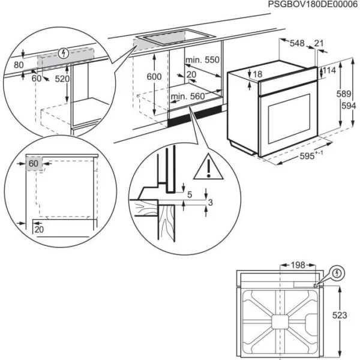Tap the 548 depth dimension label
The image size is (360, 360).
tap(297, 43)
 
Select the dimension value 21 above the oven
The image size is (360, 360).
tap(319, 43)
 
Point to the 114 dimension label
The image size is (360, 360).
tap(329, 71)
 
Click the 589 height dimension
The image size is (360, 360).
tap(343, 94)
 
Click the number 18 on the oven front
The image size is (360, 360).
tap(257, 74)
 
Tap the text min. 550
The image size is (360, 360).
tap(202, 60)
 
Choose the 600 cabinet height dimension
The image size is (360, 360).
tap(154, 77)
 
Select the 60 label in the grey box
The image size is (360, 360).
tap(34, 163)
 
